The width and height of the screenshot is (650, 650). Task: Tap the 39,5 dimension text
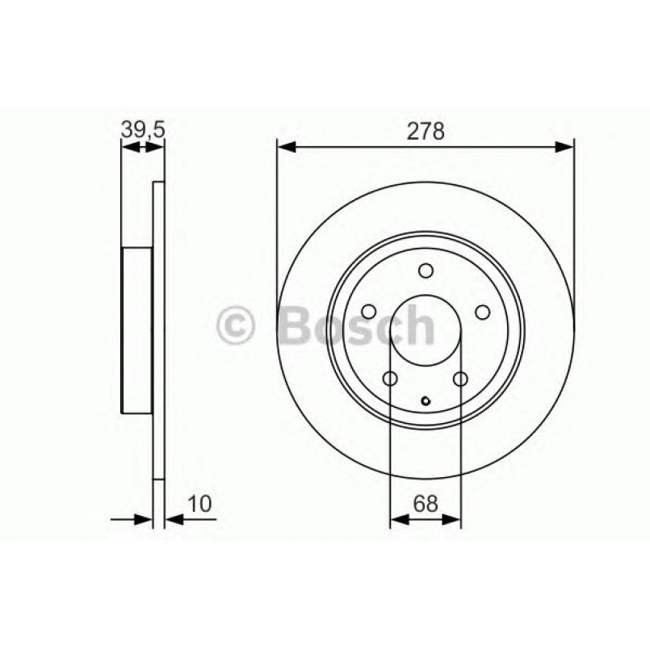coord(141,128)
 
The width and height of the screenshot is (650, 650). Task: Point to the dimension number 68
coord(426,503)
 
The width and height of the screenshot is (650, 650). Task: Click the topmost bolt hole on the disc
coord(426,271)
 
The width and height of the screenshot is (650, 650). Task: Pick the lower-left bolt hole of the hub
coord(390,380)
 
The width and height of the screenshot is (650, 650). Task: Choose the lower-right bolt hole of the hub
coord(461,380)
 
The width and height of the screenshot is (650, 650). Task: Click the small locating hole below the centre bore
coord(426,398)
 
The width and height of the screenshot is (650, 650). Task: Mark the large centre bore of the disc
coord(426,331)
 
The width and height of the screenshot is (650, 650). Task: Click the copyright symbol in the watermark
coord(237,327)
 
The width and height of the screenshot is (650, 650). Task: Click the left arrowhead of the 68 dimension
coord(396,522)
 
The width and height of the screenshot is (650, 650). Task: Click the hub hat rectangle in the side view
coord(137,329)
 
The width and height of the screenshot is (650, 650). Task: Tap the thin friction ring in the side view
coord(158,329)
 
